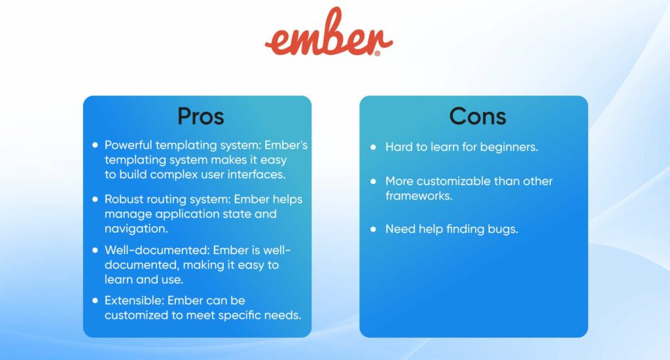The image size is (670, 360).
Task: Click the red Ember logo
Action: [x=328, y=33]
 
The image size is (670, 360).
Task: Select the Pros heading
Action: [x=200, y=116]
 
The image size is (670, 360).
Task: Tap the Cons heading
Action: [x=478, y=116]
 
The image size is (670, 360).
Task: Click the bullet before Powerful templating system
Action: [x=96, y=145]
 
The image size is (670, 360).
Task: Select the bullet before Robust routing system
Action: [x=96, y=198]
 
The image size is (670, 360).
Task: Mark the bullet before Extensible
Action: [x=96, y=300]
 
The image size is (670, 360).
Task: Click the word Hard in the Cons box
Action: [x=398, y=147]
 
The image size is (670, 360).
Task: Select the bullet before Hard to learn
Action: [x=373, y=147]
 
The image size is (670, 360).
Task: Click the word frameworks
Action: [x=418, y=195]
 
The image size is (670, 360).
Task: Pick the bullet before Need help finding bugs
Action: [x=373, y=229]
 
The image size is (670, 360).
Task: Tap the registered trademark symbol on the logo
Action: [x=378, y=54]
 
